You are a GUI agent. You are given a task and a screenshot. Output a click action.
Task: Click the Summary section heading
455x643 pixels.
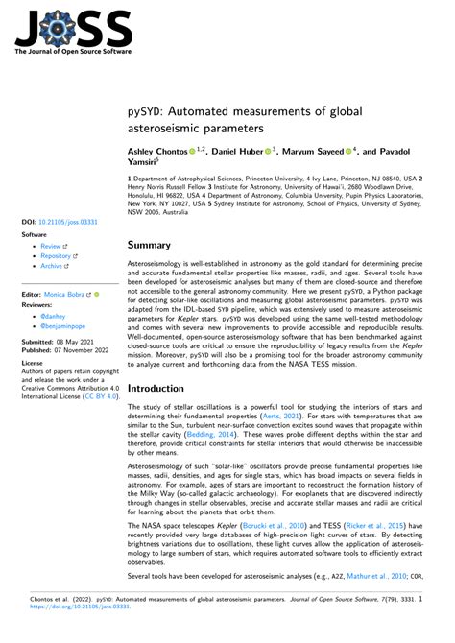(156, 245)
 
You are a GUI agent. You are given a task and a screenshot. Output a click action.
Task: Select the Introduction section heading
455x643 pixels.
(169, 389)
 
